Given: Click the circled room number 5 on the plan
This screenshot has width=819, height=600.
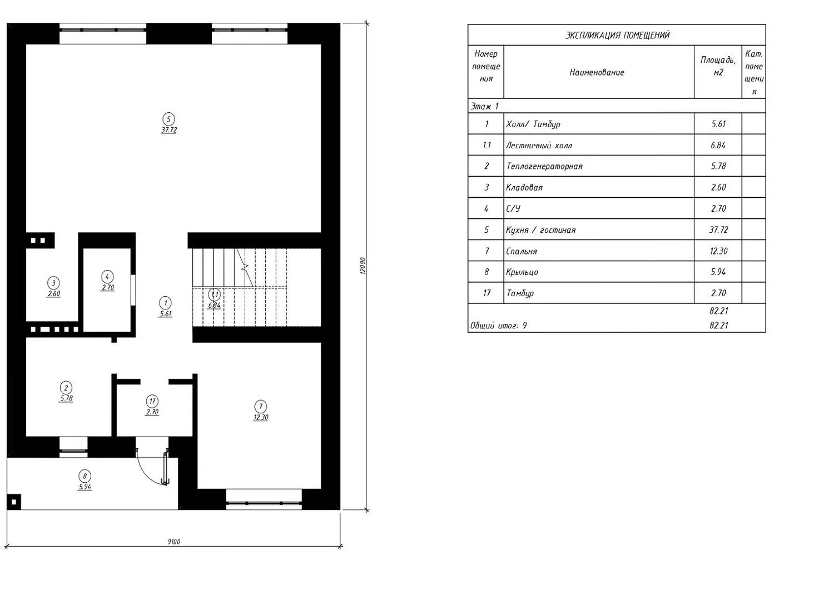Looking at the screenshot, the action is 168,119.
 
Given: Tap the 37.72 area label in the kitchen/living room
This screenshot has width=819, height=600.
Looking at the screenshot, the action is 169,130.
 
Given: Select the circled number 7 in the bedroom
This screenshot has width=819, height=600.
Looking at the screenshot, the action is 261,406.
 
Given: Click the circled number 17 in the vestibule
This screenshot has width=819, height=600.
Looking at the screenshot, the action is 152,401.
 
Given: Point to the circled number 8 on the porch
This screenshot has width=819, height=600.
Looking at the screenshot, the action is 85,476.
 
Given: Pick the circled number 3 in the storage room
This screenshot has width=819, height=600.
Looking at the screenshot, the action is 54,283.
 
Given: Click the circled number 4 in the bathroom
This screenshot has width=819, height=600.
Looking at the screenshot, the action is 107,277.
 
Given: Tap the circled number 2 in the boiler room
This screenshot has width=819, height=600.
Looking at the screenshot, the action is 66,388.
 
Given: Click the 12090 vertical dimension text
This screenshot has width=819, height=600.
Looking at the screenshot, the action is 363,266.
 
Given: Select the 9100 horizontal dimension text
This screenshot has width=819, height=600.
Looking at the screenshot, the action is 174,542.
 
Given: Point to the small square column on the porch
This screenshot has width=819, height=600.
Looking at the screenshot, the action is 14,502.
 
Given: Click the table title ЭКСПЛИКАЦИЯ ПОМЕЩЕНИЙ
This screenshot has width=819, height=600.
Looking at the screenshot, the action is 618,35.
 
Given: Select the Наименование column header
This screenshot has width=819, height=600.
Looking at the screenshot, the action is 597,72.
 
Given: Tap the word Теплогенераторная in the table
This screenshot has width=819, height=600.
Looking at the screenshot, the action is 544,166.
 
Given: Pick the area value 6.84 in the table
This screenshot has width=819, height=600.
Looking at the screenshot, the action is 718,145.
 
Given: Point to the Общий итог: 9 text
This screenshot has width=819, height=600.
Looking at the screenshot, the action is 498,325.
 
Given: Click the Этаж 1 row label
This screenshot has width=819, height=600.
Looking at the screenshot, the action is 484,106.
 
